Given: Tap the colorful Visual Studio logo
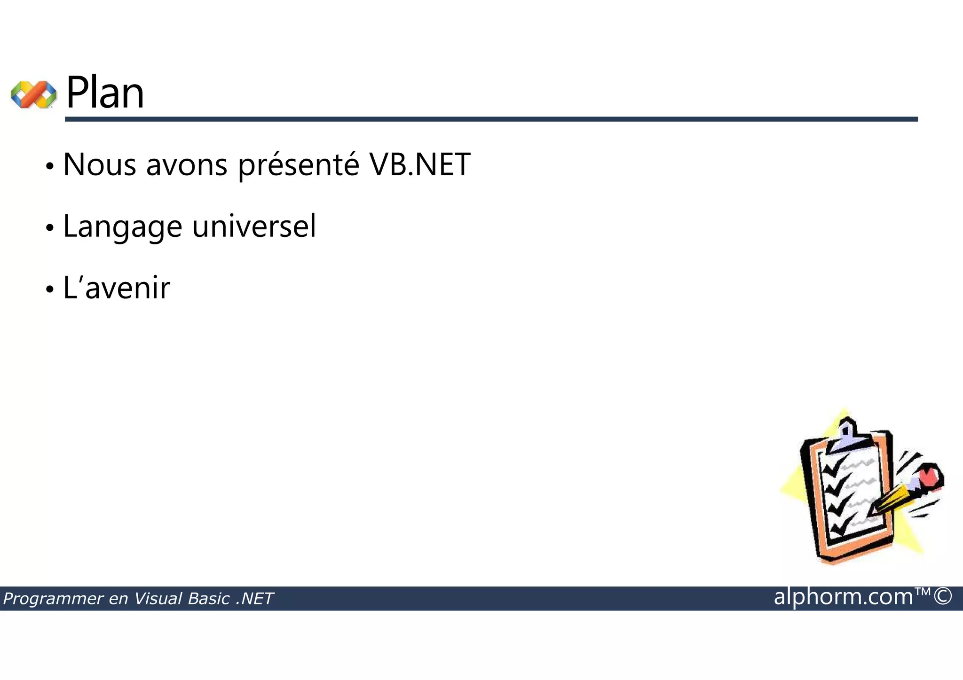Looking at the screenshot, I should click(x=33, y=94).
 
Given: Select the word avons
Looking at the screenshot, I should click(x=187, y=165).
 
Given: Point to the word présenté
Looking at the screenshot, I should click(x=299, y=165).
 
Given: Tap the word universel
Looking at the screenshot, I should click(x=254, y=226).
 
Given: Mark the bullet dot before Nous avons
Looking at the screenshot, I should click(x=50, y=166).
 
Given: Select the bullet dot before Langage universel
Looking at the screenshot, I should click(x=50, y=228).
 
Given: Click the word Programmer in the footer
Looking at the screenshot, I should click(x=54, y=599).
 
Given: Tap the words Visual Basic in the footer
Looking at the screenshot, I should click(x=182, y=599).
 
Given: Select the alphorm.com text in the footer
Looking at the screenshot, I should click(x=843, y=597).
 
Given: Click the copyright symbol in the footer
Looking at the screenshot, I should click(x=943, y=596).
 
